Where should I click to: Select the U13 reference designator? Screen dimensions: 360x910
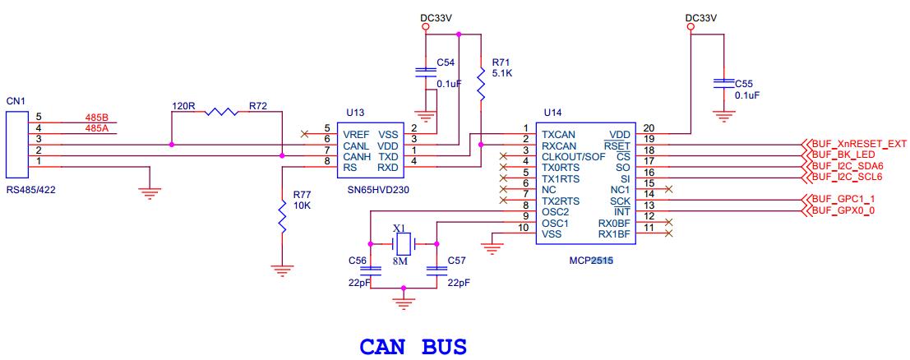(355, 112)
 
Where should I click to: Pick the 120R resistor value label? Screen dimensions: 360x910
(183, 107)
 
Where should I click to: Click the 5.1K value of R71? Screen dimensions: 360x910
(501, 73)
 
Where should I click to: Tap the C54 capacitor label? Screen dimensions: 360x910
(446, 62)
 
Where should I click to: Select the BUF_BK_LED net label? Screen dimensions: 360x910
(842, 155)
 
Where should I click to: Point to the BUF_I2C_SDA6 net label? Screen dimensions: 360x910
(846, 166)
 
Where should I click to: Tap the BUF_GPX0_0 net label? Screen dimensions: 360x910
(843, 211)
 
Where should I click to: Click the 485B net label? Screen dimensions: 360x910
(97, 118)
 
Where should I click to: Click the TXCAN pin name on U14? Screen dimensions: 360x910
(558, 133)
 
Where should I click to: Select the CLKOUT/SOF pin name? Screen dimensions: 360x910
(573, 156)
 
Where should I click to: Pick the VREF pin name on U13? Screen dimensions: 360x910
(357, 133)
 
